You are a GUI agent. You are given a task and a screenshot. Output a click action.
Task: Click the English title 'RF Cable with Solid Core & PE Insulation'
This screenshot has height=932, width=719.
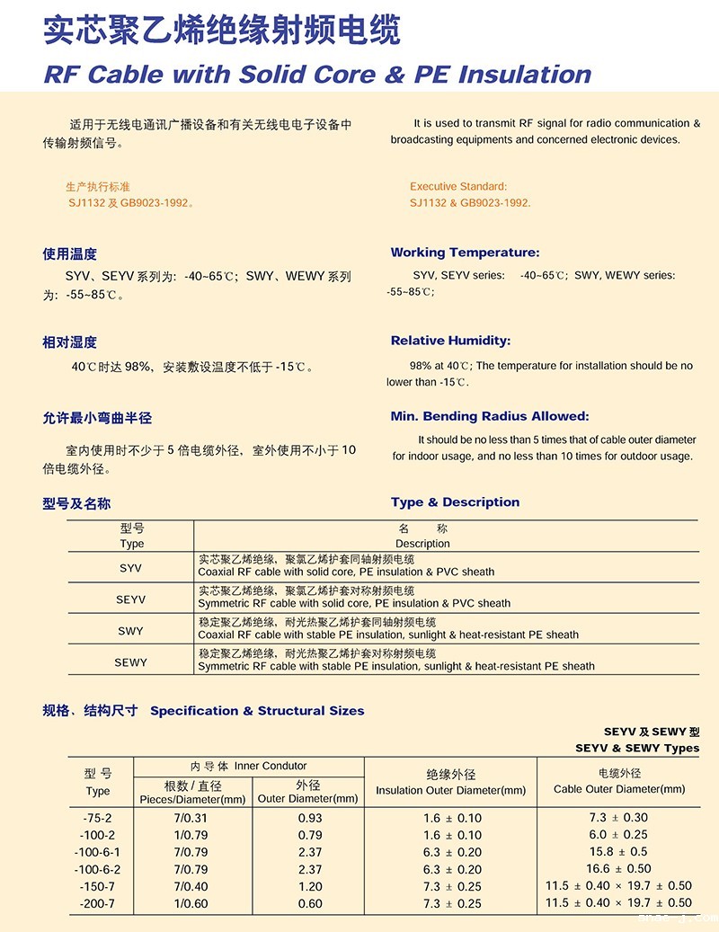point(317,74)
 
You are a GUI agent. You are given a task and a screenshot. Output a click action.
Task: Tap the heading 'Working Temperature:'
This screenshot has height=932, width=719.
point(465,253)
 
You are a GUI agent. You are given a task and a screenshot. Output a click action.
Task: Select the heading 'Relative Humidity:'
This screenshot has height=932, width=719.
point(450,341)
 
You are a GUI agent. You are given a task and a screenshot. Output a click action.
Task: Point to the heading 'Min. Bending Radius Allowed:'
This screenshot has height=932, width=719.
point(489,416)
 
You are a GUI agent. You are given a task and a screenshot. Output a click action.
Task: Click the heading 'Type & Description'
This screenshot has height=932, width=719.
point(455,502)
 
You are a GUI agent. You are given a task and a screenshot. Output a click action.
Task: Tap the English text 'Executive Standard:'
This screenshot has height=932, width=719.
point(458,187)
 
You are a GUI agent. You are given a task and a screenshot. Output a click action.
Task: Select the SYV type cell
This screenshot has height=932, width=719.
point(130,568)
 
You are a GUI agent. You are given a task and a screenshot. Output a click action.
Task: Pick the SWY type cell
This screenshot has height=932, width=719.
point(130,631)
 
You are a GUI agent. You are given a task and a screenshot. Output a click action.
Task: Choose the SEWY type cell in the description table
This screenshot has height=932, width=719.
point(130,662)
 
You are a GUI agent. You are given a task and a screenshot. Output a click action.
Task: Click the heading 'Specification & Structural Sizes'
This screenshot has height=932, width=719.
point(257,711)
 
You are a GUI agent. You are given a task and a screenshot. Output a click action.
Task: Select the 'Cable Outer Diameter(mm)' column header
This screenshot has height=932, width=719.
point(619,789)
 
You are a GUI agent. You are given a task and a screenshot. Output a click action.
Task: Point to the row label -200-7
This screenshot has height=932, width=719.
point(98,903)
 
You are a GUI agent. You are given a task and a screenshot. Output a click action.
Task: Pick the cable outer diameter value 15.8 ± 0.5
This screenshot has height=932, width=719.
point(618,852)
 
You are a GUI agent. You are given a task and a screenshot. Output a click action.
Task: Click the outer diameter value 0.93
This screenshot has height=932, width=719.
point(309,818)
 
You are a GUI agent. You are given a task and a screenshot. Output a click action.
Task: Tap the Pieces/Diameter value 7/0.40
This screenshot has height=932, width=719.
point(191,886)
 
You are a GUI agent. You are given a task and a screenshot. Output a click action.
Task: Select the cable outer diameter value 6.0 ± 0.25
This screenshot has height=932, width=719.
point(618,835)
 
